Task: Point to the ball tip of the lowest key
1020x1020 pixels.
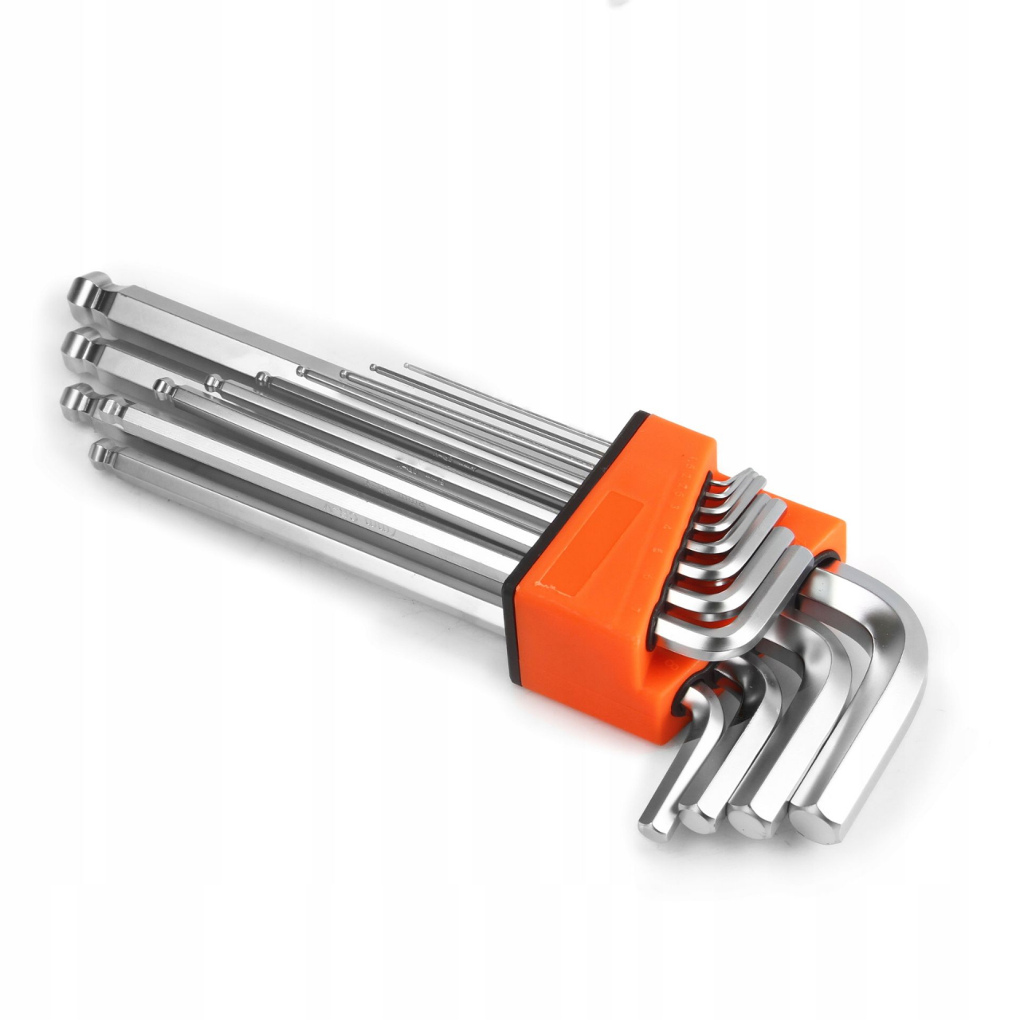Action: [102, 455]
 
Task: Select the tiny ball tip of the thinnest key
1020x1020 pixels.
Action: [407, 367]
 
